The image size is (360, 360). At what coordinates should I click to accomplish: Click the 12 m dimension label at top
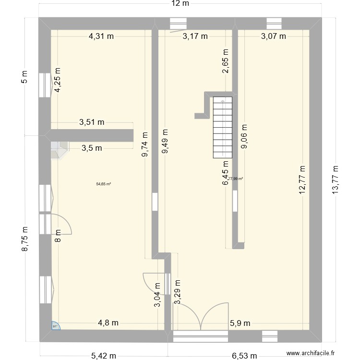tap(180, 4)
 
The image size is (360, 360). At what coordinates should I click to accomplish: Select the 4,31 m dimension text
tap(101, 36)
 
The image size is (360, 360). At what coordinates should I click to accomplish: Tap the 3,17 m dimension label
tap(195, 36)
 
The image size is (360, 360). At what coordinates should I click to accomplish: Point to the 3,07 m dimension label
tap(273, 36)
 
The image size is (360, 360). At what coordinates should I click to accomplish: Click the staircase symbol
tap(223, 127)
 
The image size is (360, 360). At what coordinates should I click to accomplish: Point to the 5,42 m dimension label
tap(104, 356)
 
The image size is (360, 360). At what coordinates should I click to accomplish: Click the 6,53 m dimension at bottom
tap(245, 356)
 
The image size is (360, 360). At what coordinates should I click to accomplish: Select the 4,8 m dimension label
tap(108, 323)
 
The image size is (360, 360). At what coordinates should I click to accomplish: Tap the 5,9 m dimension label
tap(240, 323)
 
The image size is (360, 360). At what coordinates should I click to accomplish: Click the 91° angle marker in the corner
tap(55, 326)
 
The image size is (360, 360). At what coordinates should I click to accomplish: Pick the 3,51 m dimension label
tap(92, 122)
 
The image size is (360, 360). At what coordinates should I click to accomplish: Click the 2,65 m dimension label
tap(226, 60)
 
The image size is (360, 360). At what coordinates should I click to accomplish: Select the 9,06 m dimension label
tap(244, 137)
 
